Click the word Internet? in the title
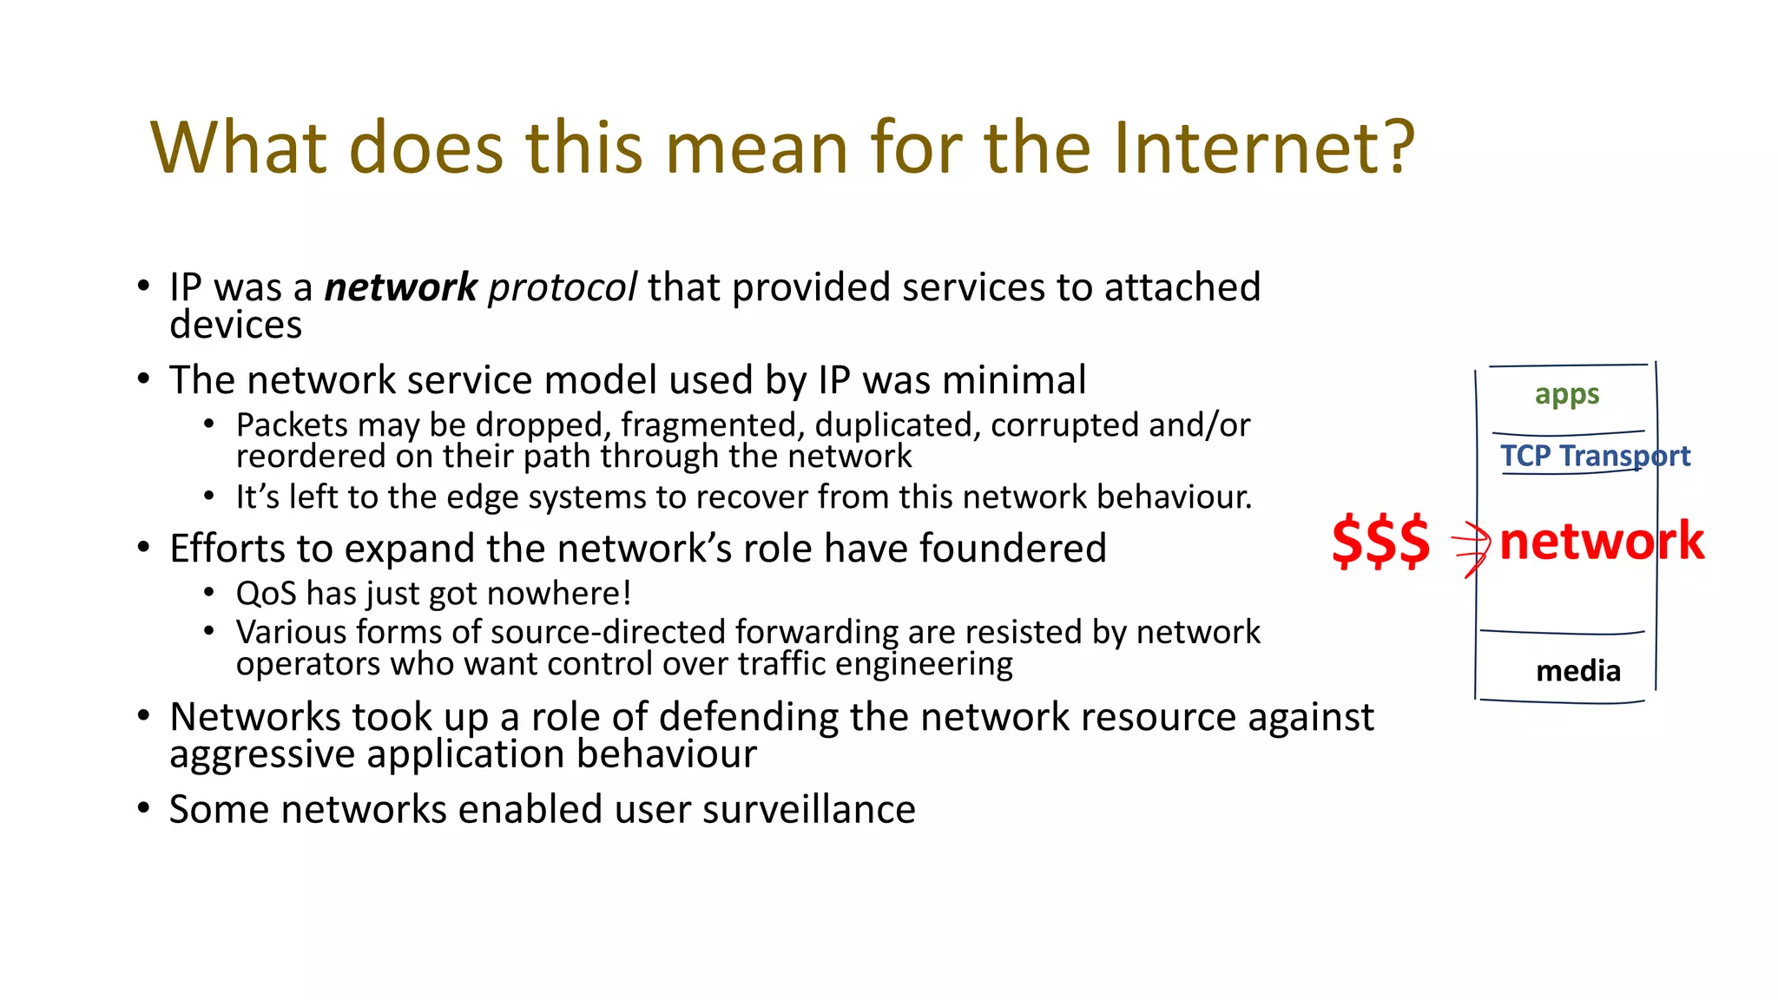click(1263, 148)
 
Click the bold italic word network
click(400, 287)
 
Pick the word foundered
click(1012, 549)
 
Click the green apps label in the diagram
click(1566, 395)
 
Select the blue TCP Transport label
click(1595, 456)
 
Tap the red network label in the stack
click(1601, 541)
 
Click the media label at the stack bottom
click(1577, 671)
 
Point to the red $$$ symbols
click(1380, 541)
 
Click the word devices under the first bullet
click(235, 326)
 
